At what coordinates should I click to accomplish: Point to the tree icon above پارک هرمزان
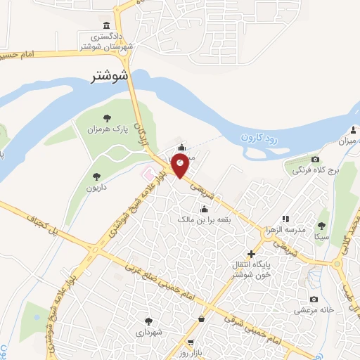[107, 118]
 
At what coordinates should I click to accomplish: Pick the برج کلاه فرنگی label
[316, 170]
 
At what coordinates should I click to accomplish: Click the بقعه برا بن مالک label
[205, 220]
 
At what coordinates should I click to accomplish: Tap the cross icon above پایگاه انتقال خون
[251, 253]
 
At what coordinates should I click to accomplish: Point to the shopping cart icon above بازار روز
[190, 342]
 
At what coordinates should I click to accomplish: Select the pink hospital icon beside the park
[148, 172]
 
